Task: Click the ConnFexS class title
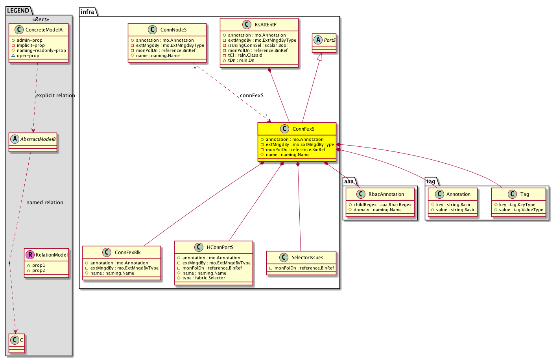(x=303, y=129)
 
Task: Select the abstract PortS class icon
(x=318, y=40)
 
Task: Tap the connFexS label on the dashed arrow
(x=252, y=96)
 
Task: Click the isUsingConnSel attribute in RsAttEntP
(x=258, y=45)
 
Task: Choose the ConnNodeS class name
(x=173, y=30)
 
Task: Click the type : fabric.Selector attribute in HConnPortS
(x=204, y=278)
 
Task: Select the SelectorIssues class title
(x=307, y=258)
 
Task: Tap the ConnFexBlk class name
(x=127, y=253)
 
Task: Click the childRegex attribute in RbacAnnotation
(x=382, y=205)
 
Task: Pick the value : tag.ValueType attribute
(x=521, y=210)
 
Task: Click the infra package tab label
(x=88, y=12)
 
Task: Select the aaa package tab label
(x=349, y=181)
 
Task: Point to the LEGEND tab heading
(x=18, y=11)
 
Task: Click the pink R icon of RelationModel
(x=30, y=255)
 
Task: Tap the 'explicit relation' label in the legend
(x=55, y=96)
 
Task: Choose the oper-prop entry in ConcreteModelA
(x=28, y=56)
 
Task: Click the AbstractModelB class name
(x=38, y=139)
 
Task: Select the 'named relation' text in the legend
(x=45, y=203)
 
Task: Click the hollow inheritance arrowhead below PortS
(x=320, y=57)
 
